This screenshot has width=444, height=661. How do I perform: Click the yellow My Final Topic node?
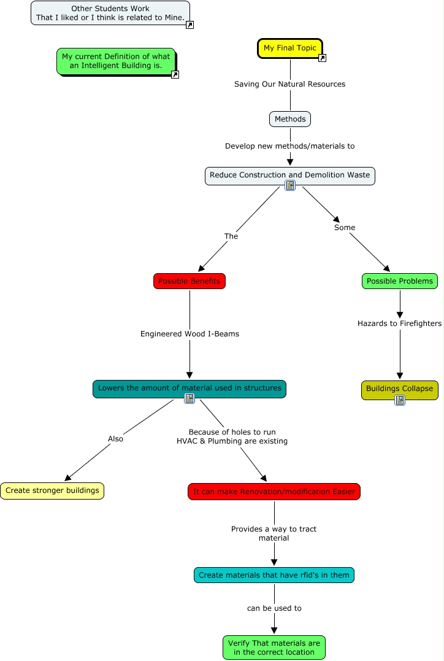289,48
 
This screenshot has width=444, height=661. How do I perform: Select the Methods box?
290,119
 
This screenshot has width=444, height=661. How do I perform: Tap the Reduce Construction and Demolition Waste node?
289,176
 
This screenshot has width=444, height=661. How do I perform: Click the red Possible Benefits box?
189,281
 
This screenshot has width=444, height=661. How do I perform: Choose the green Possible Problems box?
400,281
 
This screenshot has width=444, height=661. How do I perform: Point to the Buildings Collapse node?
399,388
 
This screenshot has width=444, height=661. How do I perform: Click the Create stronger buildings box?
52,491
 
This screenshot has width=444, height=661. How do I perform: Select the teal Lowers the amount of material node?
189,388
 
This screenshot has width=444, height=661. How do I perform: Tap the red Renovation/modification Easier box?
274,492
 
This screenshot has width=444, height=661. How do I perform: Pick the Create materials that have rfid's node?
274,575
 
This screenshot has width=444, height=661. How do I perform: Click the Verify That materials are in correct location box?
274,647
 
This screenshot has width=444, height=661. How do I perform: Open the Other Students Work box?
110,13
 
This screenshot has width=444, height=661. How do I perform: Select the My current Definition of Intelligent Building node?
116,61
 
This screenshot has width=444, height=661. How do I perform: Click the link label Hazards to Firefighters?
399,323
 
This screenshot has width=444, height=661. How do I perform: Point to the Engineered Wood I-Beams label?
189,334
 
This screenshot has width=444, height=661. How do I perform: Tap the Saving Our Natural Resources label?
289,84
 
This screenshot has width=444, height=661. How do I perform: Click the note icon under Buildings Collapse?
400,400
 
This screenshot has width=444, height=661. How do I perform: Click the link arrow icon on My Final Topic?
322,58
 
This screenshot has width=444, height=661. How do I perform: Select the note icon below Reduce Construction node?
290,185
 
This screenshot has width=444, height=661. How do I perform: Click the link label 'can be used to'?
274,608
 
